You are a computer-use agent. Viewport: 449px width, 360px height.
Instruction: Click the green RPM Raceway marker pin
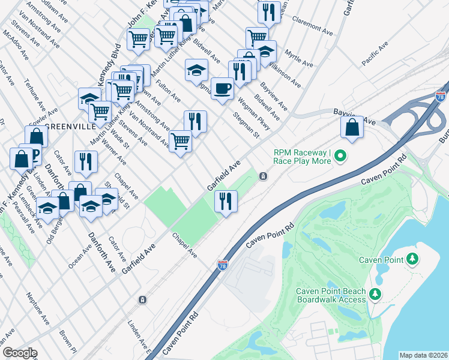[341, 157]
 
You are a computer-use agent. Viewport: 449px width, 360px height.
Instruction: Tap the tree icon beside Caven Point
[412, 259]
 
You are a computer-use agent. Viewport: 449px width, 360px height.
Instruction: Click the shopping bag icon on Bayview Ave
[351, 127]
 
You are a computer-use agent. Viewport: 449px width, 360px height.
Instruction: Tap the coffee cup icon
[222, 88]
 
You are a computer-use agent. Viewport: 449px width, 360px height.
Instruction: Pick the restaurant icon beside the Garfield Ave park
[226, 201]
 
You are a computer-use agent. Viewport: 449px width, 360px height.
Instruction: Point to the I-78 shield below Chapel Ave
[222, 265]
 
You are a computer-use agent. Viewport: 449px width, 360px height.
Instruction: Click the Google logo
[19, 352]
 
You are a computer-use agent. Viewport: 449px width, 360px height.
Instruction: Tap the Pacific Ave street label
[377, 58]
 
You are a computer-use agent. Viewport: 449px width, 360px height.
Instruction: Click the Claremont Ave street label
[312, 25]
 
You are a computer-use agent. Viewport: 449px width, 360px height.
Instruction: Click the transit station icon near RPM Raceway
[263, 176]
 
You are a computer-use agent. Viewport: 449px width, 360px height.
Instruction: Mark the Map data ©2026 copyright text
[423, 355]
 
